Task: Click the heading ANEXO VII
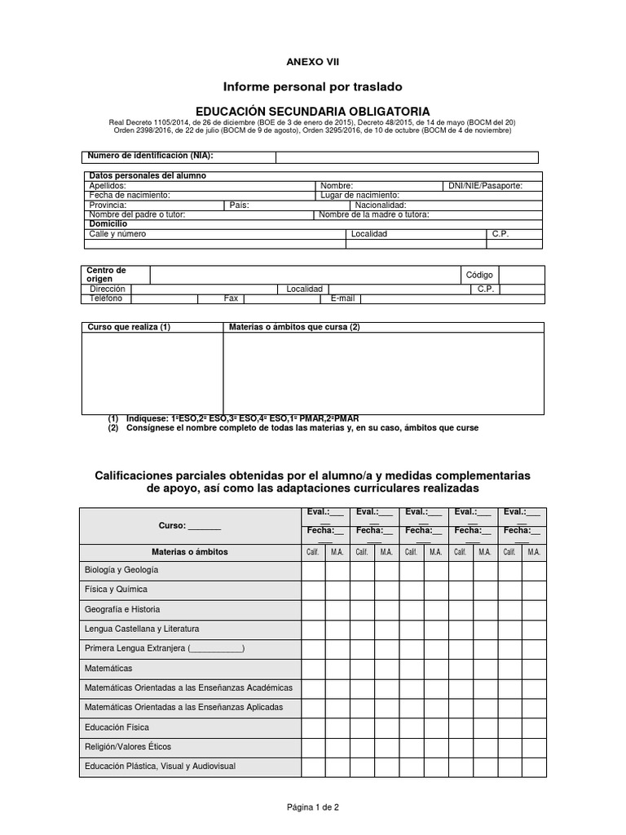[312, 61]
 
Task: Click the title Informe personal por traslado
[313, 86]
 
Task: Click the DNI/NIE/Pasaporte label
[485, 185]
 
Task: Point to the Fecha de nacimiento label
[129, 195]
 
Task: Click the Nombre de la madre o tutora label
[373, 214]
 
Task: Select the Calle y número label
[117, 234]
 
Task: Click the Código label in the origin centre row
[479, 275]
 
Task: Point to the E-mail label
[342, 298]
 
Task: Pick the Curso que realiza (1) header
[129, 327]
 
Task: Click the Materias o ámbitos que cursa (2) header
[293, 327]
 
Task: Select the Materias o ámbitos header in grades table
[190, 552]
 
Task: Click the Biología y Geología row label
[121, 570]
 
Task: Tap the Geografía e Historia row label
[122, 609]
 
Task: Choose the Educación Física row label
[117, 727]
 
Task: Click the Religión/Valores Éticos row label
[128, 746]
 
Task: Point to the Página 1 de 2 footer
[312, 807]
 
